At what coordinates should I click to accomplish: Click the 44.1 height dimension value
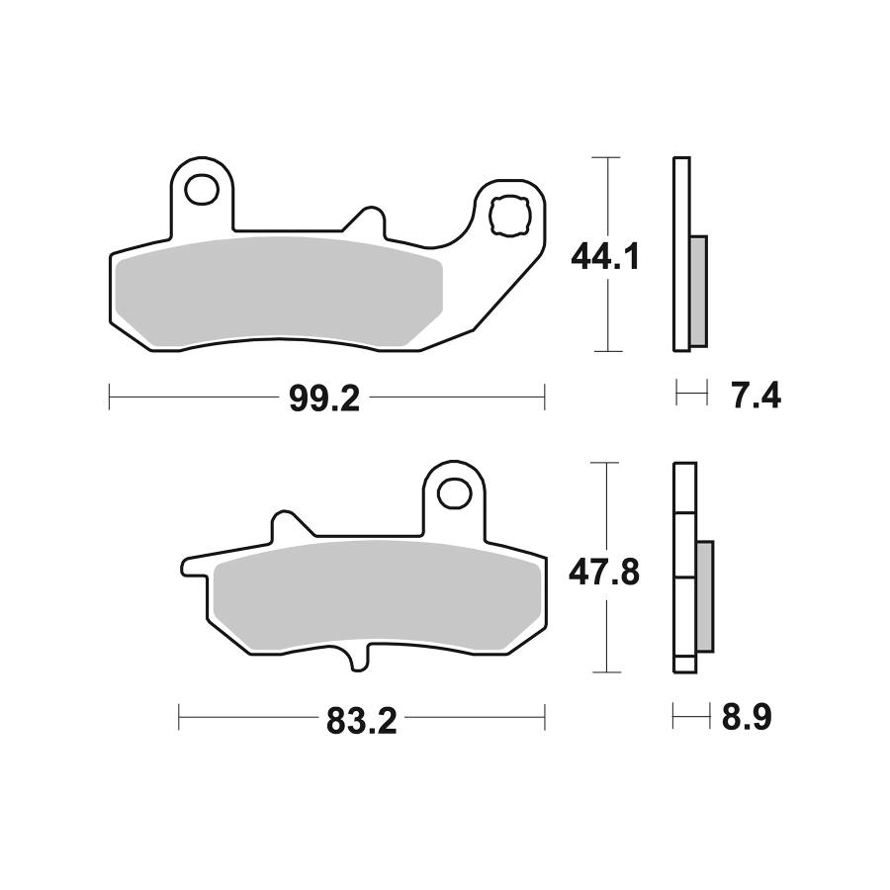pyautogui.click(x=605, y=258)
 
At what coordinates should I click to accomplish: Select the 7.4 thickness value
pyautogui.click(x=756, y=397)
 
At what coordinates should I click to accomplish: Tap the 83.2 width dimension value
pyautogui.click(x=361, y=722)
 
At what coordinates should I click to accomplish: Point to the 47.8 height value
pyautogui.click(x=605, y=574)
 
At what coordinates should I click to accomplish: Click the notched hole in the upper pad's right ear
pyautogui.click(x=511, y=215)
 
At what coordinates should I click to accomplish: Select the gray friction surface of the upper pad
pyautogui.click(x=277, y=294)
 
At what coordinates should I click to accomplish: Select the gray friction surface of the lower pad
pyautogui.click(x=376, y=595)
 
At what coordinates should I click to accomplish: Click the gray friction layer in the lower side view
pyautogui.click(x=705, y=595)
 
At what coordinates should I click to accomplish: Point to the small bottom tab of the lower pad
pyautogui.click(x=360, y=661)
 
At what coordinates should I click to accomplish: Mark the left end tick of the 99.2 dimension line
pyautogui.click(x=108, y=398)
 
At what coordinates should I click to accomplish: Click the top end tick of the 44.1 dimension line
pyautogui.click(x=605, y=158)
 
